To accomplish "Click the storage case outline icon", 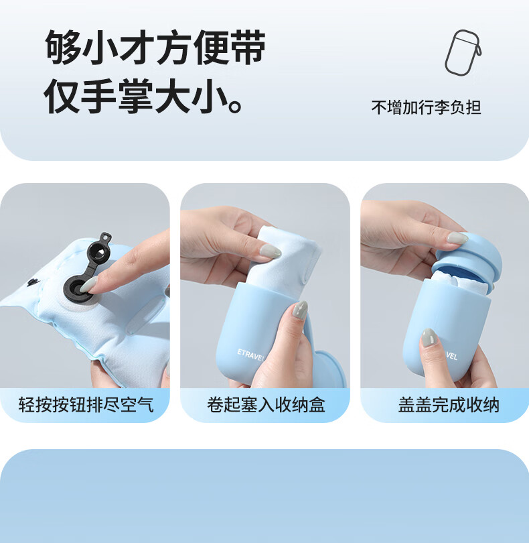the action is point(463,53).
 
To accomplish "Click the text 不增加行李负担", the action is point(426,107).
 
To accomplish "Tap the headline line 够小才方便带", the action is point(155,48).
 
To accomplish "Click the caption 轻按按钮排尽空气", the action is point(86,404).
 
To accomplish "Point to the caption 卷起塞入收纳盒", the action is point(266,404).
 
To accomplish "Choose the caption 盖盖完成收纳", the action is point(449,404).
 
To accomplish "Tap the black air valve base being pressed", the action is point(77,289).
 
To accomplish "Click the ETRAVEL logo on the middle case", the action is point(250,355).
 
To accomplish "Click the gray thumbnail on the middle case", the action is point(299,310).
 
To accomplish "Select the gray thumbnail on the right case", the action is point(429,337).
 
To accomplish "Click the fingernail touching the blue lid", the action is point(457,237).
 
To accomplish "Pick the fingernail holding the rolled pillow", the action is point(271,251).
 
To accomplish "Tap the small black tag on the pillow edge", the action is point(33,283).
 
